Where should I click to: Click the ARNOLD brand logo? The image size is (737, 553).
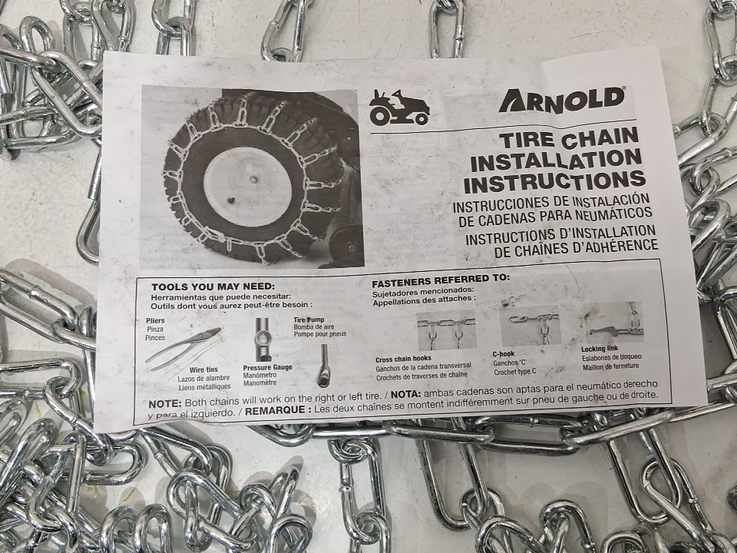pyautogui.click(x=562, y=99)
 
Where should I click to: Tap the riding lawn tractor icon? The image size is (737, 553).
pyautogui.click(x=399, y=108)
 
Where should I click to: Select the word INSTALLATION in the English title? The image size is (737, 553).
pyautogui.click(x=556, y=160)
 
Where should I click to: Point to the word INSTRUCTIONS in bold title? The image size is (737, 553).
pyautogui.click(x=554, y=181)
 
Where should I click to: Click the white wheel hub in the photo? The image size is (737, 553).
pyautogui.click(x=248, y=187)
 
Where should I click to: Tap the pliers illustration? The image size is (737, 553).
pyautogui.click(x=183, y=349)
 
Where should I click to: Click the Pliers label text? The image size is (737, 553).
pyautogui.click(x=155, y=321)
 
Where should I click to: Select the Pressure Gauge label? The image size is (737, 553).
pyautogui.click(x=267, y=367)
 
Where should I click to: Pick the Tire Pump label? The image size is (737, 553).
pyautogui.click(x=309, y=320)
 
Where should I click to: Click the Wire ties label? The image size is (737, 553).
pyautogui.click(x=204, y=369)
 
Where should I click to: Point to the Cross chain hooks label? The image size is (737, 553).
pyautogui.click(x=403, y=359)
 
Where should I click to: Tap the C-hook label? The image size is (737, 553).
pyautogui.click(x=504, y=354)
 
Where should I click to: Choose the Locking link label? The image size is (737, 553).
pyautogui.click(x=600, y=349)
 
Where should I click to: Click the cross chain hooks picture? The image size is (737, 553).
pyautogui.click(x=447, y=330)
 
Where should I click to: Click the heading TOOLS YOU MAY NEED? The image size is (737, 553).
pyautogui.click(x=213, y=286)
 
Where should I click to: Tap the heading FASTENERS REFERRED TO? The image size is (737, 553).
pyautogui.click(x=441, y=280)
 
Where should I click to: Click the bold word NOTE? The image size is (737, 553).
pyautogui.click(x=164, y=404)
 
